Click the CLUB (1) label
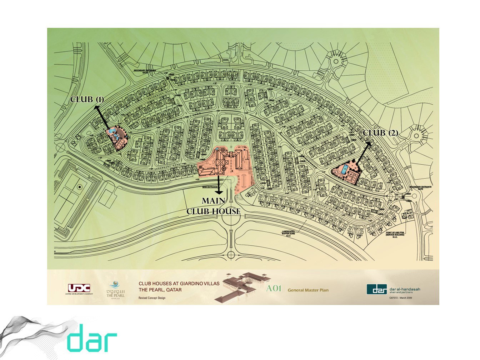(x=87, y=99)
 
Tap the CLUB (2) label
(x=380, y=133)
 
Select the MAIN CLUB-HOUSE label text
(x=213, y=206)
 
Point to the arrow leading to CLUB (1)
(x=102, y=117)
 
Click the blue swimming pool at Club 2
(x=344, y=170)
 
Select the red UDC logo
(x=79, y=288)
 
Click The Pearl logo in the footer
(x=115, y=289)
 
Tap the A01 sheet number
(x=274, y=289)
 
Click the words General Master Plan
(x=308, y=290)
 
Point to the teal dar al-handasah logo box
(x=377, y=289)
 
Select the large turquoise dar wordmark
(x=92, y=338)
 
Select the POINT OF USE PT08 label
(x=395, y=235)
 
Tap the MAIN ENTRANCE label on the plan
(x=210, y=187)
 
